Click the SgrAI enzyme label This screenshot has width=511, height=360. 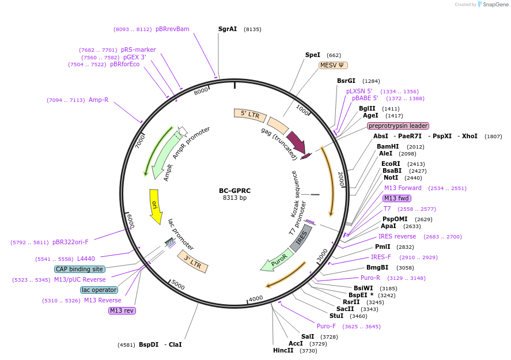click(x=228, y=29)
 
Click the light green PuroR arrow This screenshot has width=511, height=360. click(x=275, y=262)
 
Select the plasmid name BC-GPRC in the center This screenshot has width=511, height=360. click(x=234, y=191)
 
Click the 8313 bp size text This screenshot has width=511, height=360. click(x=234, y=198)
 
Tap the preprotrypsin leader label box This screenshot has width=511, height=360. click(x=398, y=126)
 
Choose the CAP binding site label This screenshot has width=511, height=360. click(x=80, y=269)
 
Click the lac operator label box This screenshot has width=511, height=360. click(x=99, y=290)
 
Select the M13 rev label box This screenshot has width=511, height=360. click(x=122, y=310)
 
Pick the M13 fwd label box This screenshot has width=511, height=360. click(x=396, y=198)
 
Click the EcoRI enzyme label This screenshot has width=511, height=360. click(x=390, y=164)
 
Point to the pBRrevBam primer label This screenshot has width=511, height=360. click(x=172, y=29)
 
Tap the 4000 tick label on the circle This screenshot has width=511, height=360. click(x=255, y=298)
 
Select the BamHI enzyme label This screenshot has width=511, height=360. click(x=388, y=146)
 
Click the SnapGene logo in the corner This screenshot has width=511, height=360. click(x=494, y=5)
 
